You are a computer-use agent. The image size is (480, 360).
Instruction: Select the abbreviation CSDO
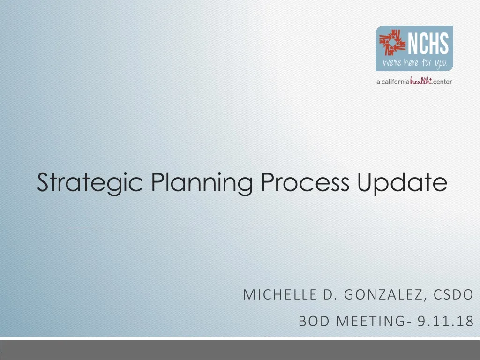tap(453, 295)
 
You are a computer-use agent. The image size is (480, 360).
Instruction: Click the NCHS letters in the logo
tap(429, 45)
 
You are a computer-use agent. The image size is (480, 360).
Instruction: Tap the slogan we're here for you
tap(415, 63)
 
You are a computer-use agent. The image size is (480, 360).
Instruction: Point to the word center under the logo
tap(442, 82)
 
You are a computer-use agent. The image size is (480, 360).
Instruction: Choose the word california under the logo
tap(395, 82)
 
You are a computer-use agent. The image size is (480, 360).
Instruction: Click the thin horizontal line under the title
tap(242, 228)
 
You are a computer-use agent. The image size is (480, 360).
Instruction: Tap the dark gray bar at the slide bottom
tap(240, 350)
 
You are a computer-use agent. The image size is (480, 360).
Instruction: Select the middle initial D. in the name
tap(327, 295)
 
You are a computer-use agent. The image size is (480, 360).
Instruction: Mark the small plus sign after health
tap(431, 79)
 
